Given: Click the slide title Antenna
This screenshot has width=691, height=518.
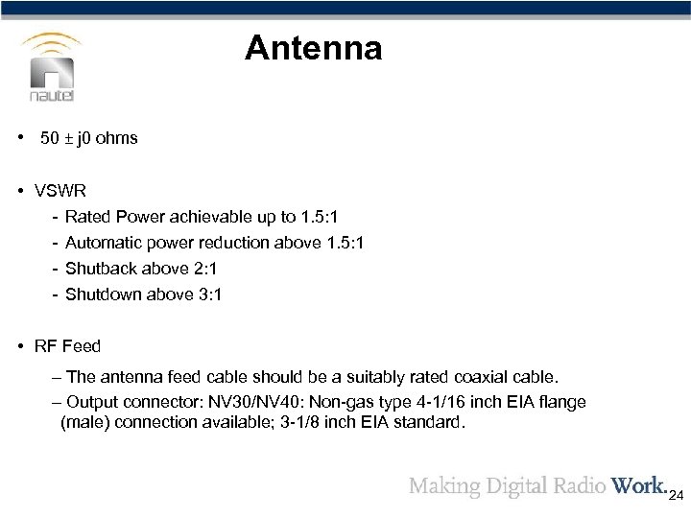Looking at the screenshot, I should click(x=313, y=48).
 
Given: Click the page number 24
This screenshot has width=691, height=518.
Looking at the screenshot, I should click(x=676, y=497).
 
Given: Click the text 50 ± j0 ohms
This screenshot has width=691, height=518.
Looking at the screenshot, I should click(x=88, y=138).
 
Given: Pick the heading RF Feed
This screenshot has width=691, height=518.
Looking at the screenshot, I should click(x=68, y=345).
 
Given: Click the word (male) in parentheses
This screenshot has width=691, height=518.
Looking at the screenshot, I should click(x=85, y=420).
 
